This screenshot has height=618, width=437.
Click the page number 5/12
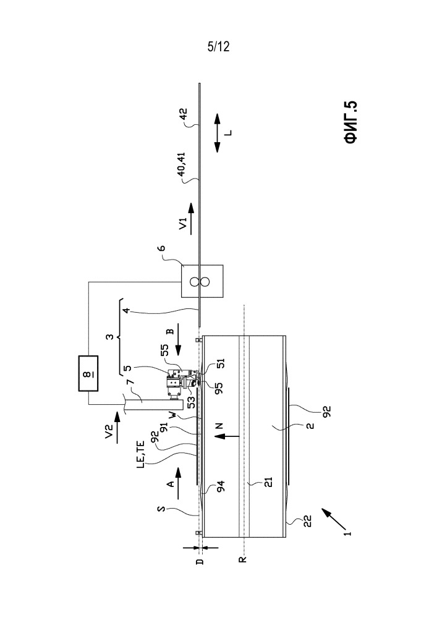pos(218,47)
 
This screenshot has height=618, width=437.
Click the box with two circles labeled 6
pos(202,282)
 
